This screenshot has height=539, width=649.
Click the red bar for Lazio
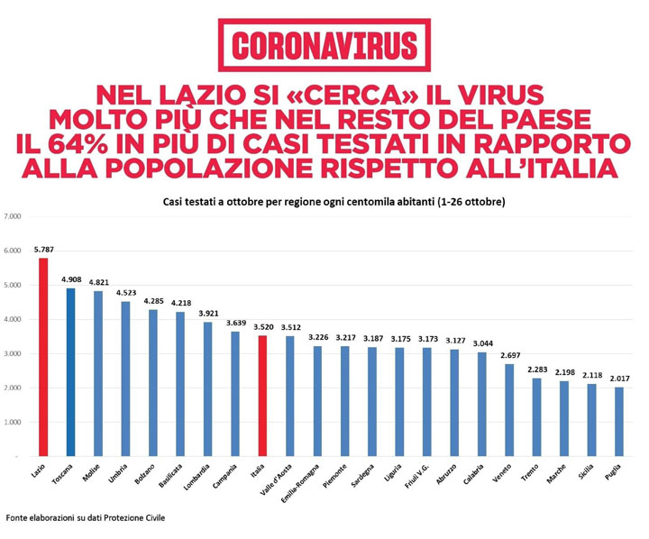click(42, 358)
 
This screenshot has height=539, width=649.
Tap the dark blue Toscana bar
click(70, 373)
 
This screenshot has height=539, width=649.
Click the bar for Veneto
click(509, 411)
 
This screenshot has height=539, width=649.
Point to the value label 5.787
click(43, 250)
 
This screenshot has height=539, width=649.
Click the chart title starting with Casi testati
click(334, 202)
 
